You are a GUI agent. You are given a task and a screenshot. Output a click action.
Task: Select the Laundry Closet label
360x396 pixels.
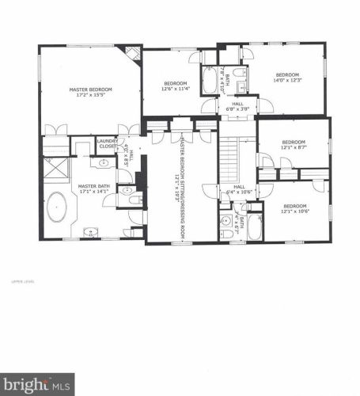click(106, 144)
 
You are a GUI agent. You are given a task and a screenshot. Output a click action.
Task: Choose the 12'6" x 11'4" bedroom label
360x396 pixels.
click(176, 86)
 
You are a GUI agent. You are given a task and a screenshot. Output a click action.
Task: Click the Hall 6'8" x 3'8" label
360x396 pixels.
click(237, 108)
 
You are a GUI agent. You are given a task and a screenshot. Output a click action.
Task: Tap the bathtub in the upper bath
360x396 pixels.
click(210, 80)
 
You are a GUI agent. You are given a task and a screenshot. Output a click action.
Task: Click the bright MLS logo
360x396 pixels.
click(37, 383)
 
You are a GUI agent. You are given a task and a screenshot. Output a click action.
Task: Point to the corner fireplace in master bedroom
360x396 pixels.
click(133, 54)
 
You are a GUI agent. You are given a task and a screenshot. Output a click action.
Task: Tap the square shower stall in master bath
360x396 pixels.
click(55, 170)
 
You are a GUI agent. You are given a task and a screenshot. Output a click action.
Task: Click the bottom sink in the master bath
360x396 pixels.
click(92, 232)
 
